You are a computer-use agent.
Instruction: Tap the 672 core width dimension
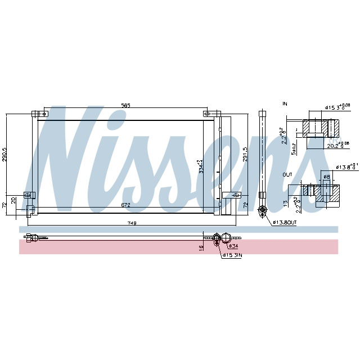click(125, 206)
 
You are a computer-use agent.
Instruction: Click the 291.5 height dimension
click(244, 155)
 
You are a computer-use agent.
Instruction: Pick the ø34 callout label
click(233, 246)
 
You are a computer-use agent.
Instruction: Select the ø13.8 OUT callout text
click(285, 223)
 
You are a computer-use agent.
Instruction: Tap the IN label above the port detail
click(285, 104)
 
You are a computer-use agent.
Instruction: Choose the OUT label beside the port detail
click(287, 175)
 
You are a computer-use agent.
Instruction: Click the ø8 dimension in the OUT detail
click(327, 177)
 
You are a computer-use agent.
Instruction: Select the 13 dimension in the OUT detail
click(285, 203)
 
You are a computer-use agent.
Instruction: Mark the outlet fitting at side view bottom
click(261, 211)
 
